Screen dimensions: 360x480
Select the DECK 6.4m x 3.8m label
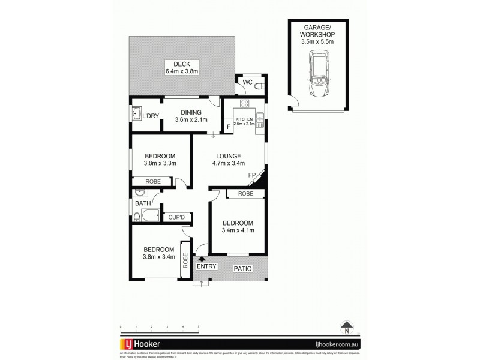click(x=182, y=68)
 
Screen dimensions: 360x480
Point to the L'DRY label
click(x=150, y=116)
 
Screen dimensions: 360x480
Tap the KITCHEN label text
click(x=244, y=120)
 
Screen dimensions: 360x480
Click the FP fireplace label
click(x=252, y=175)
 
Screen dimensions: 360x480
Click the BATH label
click(x=142, y=204)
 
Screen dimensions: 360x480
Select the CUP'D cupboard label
click(x=176, y=217)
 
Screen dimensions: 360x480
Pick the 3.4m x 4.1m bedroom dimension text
click(x=238, y=230)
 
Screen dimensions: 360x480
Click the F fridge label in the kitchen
click(x=229, y=127)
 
